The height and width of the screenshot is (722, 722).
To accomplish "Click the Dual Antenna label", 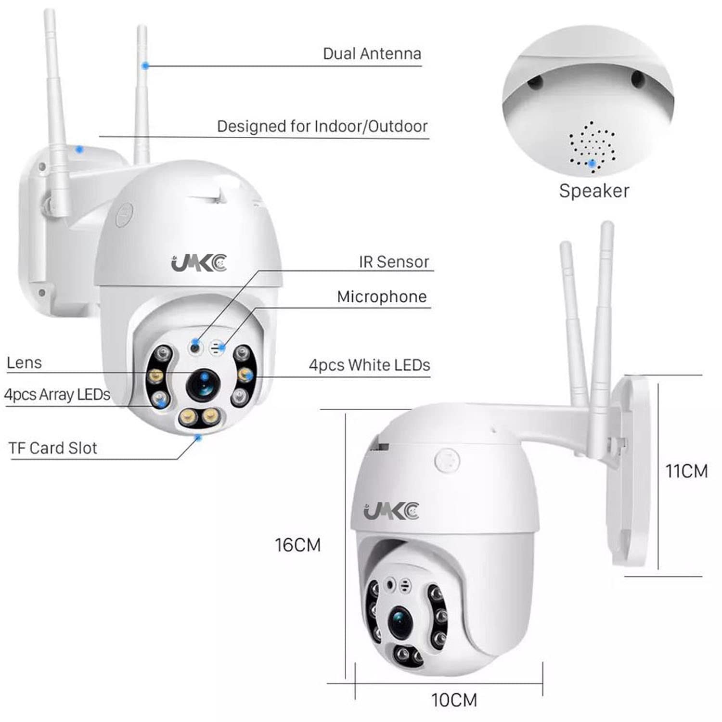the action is [372, 53].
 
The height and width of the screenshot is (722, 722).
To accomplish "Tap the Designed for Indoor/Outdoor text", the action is [322, 126].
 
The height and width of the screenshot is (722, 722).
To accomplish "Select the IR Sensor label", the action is [393, 262].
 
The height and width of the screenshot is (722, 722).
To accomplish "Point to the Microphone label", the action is [382, 297].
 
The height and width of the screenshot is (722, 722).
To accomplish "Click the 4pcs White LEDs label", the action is [369, 365].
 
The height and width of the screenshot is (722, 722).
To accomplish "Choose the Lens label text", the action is [25, 362].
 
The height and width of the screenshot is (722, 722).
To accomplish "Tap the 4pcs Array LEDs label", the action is [57, 395].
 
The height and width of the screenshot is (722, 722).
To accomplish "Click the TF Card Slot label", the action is [53, 448].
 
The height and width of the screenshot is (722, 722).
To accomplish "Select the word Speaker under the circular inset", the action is [594, 191].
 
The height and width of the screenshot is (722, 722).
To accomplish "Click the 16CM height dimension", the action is [297, 545].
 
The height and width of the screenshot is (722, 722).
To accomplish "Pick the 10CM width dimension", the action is [454, 699].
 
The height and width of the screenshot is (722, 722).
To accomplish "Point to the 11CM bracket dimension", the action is [686, 471].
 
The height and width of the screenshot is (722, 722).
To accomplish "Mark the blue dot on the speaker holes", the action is [592, 164].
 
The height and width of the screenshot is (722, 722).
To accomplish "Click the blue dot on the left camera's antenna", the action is [144, 65].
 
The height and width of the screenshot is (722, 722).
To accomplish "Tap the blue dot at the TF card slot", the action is [198, 437].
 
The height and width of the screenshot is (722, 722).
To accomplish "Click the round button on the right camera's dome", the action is [447, 460].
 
